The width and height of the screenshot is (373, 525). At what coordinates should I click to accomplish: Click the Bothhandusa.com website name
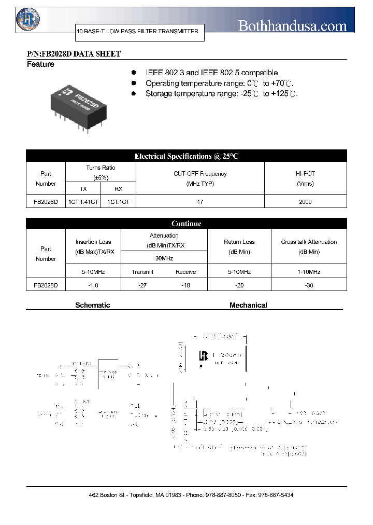click(x=292, y=25)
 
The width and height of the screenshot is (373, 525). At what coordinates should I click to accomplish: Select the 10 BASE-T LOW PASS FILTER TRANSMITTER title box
click(x=137, y=32)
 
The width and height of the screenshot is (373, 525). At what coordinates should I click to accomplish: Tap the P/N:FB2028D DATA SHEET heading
click(x=74, y=54)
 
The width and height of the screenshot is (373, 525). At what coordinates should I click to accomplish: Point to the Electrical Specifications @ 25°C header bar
click(x=187, y=156)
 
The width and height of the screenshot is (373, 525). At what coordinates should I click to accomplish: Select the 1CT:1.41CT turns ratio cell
click(x=83, y=202)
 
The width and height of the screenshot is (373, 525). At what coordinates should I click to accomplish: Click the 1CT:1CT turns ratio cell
click(x=118, y=202)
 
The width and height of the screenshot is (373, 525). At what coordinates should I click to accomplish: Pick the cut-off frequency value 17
click(x=200, y=202)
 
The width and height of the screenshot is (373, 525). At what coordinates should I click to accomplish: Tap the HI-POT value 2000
click(x=305, y=202)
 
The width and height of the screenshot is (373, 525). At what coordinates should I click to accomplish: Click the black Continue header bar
click(x=187, y=224)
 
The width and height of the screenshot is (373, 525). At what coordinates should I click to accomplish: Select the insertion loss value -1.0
click(x=94, y=285)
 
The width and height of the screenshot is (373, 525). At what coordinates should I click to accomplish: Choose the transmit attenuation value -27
click(x=142, y=285)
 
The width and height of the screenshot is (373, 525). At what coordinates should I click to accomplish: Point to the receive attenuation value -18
click(x=185, y=285)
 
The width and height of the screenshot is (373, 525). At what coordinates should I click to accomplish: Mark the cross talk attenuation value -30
click(x=309, y=285)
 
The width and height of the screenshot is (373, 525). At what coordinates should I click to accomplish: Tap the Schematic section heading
click(x=93, y=306)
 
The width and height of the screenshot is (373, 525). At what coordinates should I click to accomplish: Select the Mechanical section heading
click(x=248, y=306)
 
